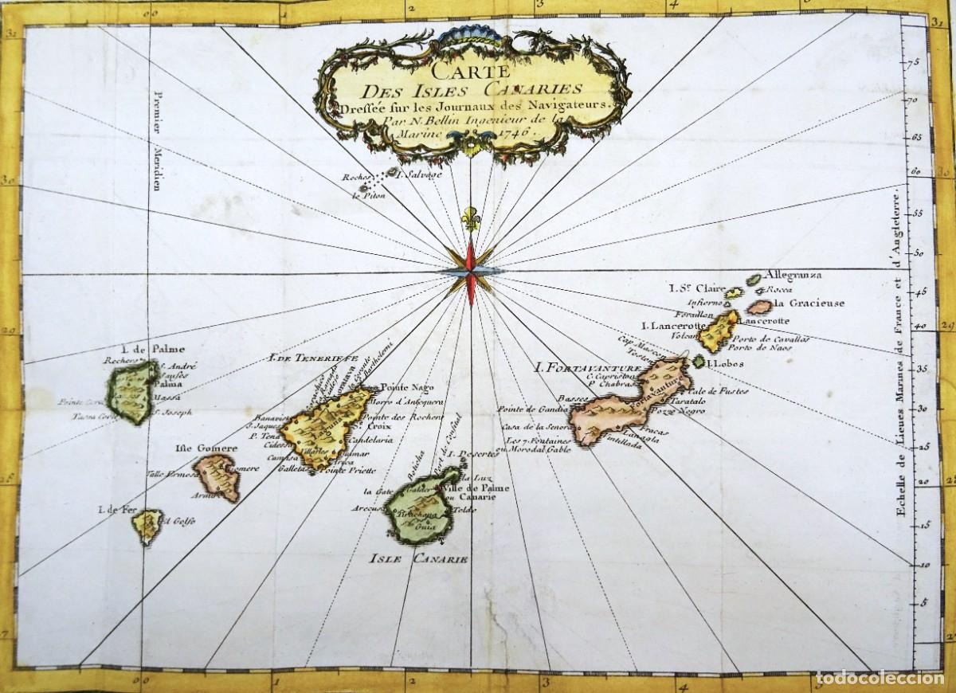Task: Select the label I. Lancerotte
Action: pyautogui.click(x=672, y=326)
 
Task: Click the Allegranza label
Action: pyautogui.click(x=792, y=276)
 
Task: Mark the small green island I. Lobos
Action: pyautogui.click(x=699, y=362)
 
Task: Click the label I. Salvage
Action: pyautogui.click(x=426, y=174)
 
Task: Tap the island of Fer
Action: pyautogui.click(x=148, y=526)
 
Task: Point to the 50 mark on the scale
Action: pyautogui.click(x=917, y=253)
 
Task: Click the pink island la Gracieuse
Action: pyautogui.click(x=759, y=306)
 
